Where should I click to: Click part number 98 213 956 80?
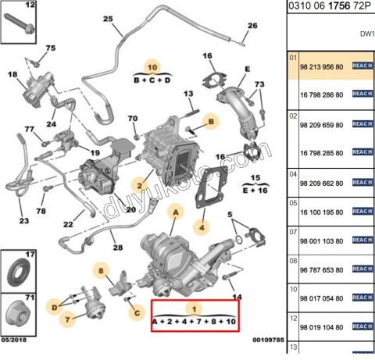[323, 66]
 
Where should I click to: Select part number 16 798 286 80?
[323, 93]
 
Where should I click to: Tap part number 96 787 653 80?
[323, 269]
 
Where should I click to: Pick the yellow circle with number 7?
[68, 319]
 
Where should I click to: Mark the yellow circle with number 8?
[100, 271]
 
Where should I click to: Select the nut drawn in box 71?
[18, 316]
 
